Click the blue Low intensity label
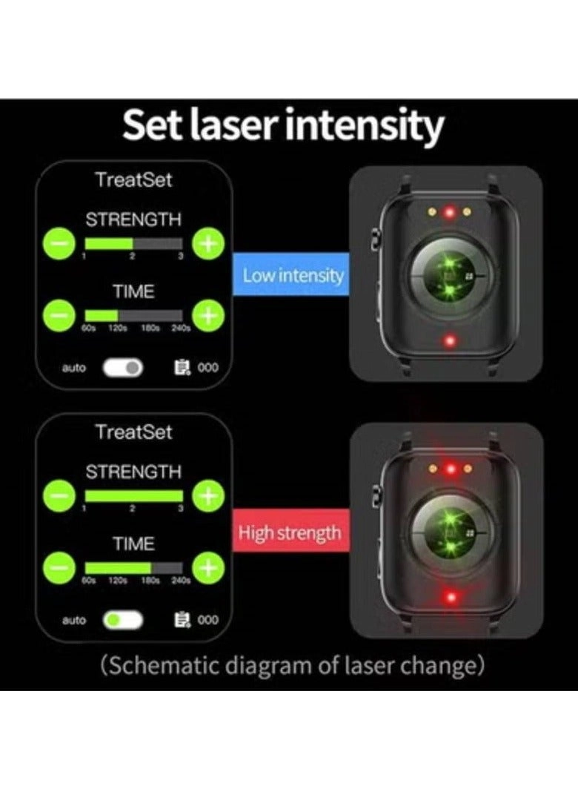[x=293, y=276]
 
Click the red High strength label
[x=289, y=533]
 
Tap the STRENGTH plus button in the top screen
[x=208, y=244]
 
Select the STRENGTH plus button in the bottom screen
[x=208, y=495]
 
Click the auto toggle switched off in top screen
[x=123, y=367]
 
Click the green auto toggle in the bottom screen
[x=123, y=619]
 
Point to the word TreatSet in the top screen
[x=133, y=179]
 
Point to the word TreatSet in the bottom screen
[x=133, y=432]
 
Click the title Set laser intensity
[x=283, y=125]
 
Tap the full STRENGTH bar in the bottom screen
[x=133, y=495]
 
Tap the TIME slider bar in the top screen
[x=133, y=316]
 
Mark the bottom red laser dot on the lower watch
[x=448, y=597]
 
